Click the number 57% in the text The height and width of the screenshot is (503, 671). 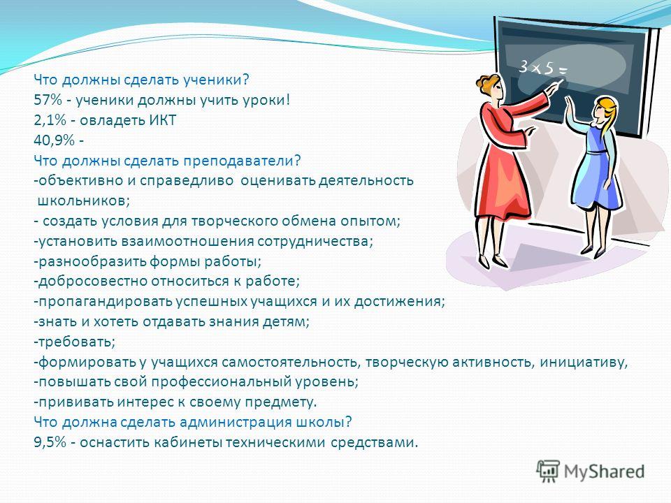click(48, 101)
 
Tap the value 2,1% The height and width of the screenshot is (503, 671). click(50, 121)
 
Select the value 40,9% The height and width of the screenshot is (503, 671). click(54, 140)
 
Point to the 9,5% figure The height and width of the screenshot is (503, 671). click(50, 442)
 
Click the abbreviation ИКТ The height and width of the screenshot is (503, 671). click(162, 120)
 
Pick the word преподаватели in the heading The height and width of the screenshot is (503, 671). click(239, 161)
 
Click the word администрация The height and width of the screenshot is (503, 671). click(236, 423)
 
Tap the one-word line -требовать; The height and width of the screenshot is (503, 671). click(75, 342)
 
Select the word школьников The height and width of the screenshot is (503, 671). click(82, 201)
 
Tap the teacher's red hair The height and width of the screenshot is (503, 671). click(489, 83)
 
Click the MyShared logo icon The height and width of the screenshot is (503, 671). click(548, 472)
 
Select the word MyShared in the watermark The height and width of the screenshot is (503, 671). click(604, 472)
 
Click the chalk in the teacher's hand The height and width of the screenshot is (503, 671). click(561, 82)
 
